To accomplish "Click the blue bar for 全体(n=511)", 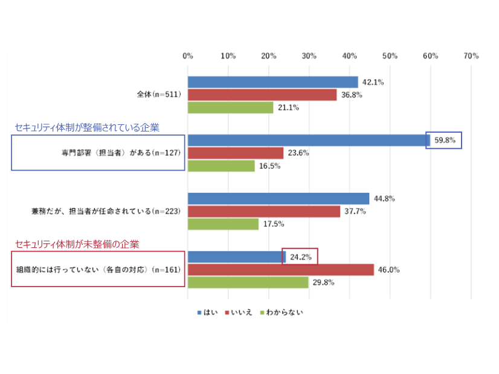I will click(x=272, y=82).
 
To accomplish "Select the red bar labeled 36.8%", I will click(x=262, y=95).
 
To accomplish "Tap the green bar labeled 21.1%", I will click(x=230, y=107).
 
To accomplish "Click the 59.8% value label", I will click(x=444, y=141).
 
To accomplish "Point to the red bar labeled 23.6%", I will click(x=236, y=153).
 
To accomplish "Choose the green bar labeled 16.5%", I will click(x=221, y=166).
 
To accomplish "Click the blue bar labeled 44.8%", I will click(x=278, y=198).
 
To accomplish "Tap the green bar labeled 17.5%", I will click(x=223, y=224).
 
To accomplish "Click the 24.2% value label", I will click(x=300, y=257).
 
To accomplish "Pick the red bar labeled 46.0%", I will click(x=281, y=270).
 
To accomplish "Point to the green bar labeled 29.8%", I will click(x=248, y=282).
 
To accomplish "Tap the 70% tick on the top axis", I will click(x=471, y=56).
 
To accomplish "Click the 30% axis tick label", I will click(x=309, y=56).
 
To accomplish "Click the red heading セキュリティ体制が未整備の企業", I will click(x=77, y=244).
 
